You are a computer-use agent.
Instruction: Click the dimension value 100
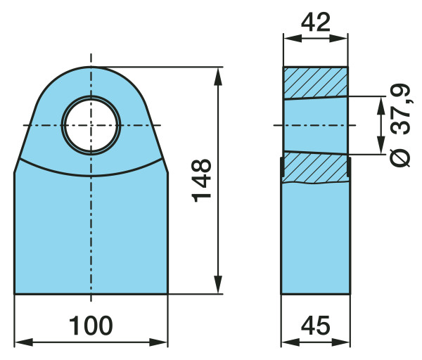[91, 326]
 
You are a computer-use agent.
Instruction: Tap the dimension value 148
[201, 181]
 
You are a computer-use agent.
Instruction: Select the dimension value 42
[315, 22]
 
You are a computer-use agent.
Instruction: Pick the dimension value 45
[315, 326]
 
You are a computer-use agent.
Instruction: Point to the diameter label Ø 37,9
[400, 125]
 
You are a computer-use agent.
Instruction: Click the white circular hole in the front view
[91, 125]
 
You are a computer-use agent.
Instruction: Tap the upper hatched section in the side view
[315, 83]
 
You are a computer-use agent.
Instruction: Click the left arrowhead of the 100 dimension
[24, 342]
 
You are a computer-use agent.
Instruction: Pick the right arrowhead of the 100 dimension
[158, 342]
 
